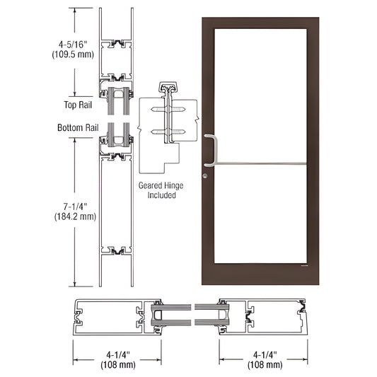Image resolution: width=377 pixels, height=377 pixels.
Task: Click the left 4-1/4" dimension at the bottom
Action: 117,355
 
